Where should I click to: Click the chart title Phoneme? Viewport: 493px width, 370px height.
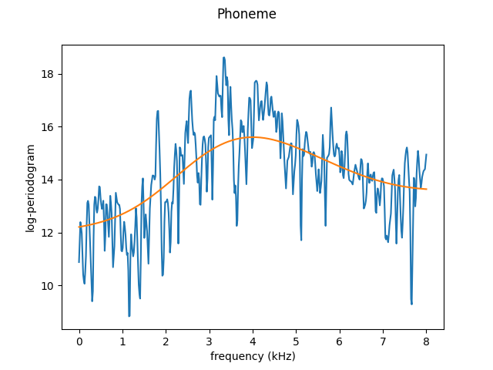click(246, 14)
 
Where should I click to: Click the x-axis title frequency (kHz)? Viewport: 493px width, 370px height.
click(253, 356)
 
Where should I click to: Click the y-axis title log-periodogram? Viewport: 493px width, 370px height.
click(31, 188)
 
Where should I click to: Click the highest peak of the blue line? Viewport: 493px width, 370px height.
click(224, 57)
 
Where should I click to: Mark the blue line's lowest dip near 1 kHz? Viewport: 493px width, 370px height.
click(129, 316)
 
